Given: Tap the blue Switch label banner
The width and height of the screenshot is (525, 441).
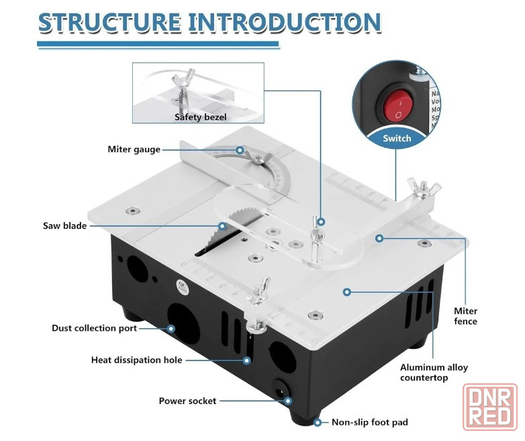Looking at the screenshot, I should pyautogui.click(x=397, y=139).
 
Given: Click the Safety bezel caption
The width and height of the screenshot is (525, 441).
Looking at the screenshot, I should pyautogui.click(x=201, y=117).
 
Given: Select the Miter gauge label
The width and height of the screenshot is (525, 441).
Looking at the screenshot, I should pyautogui.click(x=134, y=149).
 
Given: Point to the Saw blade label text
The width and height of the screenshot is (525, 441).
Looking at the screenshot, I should pyautogui.click(x=65, y=226).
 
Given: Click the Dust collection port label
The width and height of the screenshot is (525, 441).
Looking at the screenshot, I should pyautogui.click(x=95, y=328).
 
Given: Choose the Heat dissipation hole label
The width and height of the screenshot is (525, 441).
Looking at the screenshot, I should pyautogui.click(x=136, y=360).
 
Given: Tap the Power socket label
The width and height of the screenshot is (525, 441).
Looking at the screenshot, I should pyautogui.click(x=187, y=401).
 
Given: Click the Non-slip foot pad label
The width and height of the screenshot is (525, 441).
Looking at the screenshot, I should pyautogui.click(x=370, y=422).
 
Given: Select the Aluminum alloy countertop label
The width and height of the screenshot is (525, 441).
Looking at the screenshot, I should pyautogui.click(x=434, y=373).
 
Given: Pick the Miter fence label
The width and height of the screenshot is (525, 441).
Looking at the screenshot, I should pyautogui.click(x=465, y=316).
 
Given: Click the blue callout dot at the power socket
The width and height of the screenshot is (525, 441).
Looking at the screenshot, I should pyautogui.click(x=288, y=401).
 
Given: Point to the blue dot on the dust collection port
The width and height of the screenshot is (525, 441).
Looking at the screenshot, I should pyautogui.click(x=171, y=328).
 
